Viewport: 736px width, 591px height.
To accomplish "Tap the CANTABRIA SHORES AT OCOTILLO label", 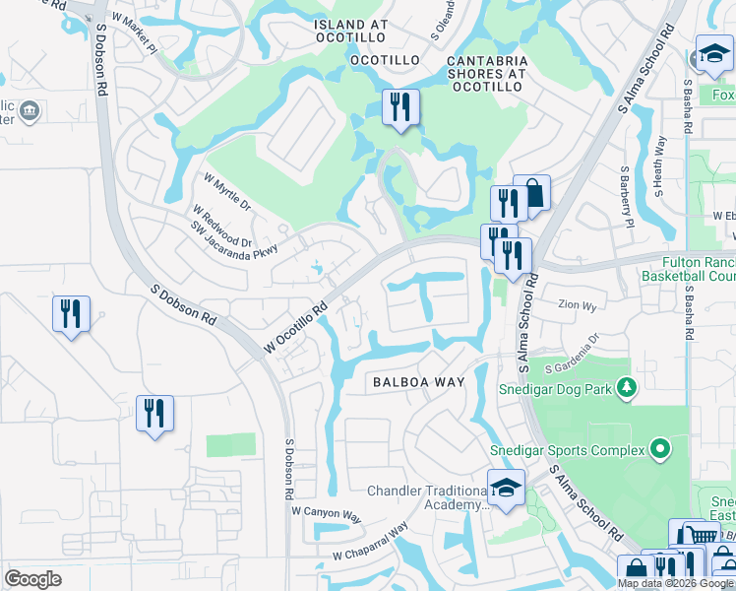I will pyautogui.click(x=486, y=74).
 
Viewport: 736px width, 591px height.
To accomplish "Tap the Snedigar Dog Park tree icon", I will pyautogui.click(x=625, y=388).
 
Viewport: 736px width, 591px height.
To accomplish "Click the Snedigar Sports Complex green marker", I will pyautogui.click(x=659, y=450).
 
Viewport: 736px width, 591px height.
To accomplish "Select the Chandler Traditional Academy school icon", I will pyautogui.click(x=506, y=488).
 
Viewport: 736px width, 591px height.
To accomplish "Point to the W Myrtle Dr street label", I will pyautogui.click(x=228, y=193).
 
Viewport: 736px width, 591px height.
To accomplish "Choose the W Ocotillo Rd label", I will pyautogui.click(x=295, y=328).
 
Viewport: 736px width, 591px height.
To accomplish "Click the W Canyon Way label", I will pyautogui.click(x=327, y=513).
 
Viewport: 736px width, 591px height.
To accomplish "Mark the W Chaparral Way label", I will pyautogui.click(x=370, y=543).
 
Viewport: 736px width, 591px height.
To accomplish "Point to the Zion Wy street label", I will pyautogui.click(x=578, y=306).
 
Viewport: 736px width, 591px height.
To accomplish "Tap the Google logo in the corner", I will pyautogui.click(x=32, y=579).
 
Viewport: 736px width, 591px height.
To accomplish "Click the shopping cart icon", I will pyautogui.click(x=701, y=536).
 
